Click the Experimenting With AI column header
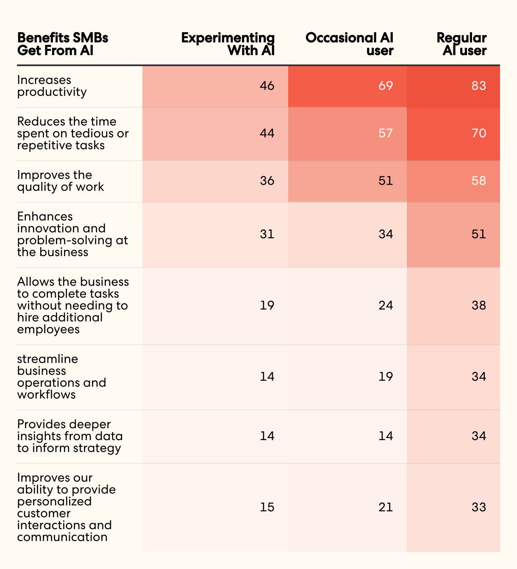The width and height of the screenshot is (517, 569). pyautogui.click(x=228, y=44)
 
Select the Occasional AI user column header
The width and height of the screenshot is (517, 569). pyautogui.click(x=349, y=44)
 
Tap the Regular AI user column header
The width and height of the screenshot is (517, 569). pyautogui.click(x=462, y=44)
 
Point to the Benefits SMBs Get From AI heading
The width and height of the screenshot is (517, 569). pyautogui.click(x=63, y=44)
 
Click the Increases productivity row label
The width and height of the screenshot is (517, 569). pyautogui.click(x=52, y=86)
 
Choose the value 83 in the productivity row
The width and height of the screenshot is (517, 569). pyautogui.click(x=479, y=86)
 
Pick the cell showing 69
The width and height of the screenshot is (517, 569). pyautogui.click(x=386, y=86)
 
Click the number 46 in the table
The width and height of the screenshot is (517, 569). pyautogui.click(x=267, y=86)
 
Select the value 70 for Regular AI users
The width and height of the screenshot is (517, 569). pyautogui.click(x=479, y=134)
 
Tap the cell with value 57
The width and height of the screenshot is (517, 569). pyautogui.click(x=386, y=134)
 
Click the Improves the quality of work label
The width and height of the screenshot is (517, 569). pyautogui.click(x=61, y=181)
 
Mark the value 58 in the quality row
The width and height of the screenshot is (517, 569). pyautogui.click(x=479, y=181)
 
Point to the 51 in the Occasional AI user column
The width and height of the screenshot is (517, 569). pyautogui.click(x=386, y=181)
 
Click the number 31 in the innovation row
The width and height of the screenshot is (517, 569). pyautogui.click(x=267, y=234)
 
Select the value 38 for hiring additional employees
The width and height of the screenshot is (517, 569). pyautogui.click(x=479, y=306)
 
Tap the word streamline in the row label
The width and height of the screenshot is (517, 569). pyautogui.click(x=47, y=359)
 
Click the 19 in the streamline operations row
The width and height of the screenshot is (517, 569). pyautogui.click(x=386, y=377)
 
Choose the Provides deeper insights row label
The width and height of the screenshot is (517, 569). pyautogui.click(x=70, y=436)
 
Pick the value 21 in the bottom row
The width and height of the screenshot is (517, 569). pyautogui.click(x=386, y=508)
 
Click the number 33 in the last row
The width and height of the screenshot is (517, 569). pyautogui.click(x=479, y=508)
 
